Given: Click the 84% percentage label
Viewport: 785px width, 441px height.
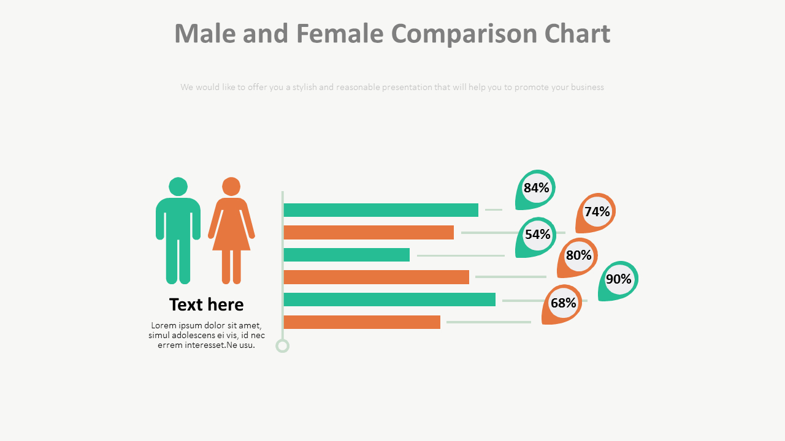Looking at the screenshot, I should click(x=536, y=188).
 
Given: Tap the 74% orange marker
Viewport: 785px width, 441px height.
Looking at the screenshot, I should click(x=597, y=212).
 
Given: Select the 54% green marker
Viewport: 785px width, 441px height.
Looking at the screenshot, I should click(x=537, y=235).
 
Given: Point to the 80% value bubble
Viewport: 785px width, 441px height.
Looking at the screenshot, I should click(x=578, y=255).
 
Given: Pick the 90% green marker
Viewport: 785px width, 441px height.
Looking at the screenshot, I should click(x=618, y=279).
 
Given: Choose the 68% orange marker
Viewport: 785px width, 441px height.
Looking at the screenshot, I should click(x=563, y=303).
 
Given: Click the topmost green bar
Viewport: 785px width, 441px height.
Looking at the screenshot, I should click(x=381, y=210).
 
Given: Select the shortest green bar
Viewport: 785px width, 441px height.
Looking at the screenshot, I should click(x=347, y=255).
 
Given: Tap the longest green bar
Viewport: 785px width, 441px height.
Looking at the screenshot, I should click(x=389, y=300).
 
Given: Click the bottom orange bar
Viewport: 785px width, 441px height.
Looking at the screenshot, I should click(x=362, y=322).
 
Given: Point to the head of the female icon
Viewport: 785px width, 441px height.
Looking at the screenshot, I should click(x=231, y=186).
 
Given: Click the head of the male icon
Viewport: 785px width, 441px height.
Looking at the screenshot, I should click(x=178, y=186).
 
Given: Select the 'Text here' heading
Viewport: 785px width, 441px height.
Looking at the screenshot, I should click(x=206, y=304).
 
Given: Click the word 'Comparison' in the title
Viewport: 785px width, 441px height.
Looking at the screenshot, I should click(x=464, y=34).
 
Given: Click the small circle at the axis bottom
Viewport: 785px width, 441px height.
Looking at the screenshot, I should click(x=282, y=346).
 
